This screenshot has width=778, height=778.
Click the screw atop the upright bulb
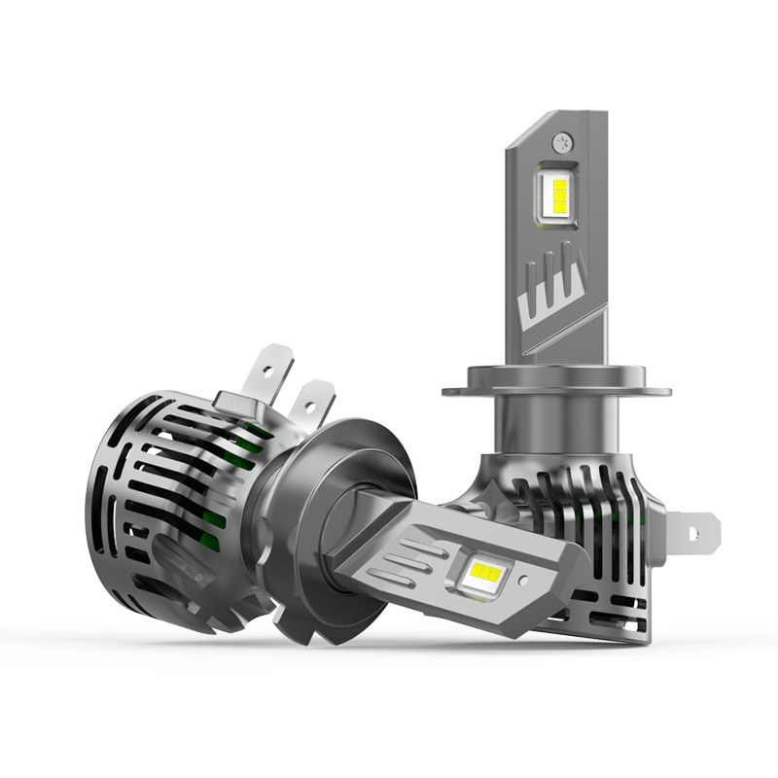click(x=561, y=141)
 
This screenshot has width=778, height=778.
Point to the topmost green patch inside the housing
click(x=255, y=429)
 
